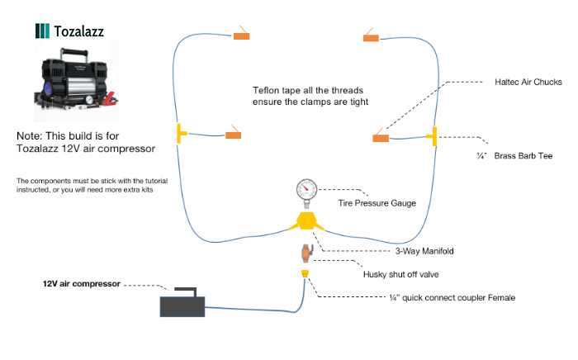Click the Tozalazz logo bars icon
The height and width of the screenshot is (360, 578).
pyautogui.click(x=42, y=31)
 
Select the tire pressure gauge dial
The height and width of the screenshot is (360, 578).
pyautogui.click(x=306, y=191)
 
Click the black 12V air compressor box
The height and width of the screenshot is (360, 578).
pyautogui.click(x=182, y=305)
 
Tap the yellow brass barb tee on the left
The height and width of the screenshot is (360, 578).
pyautogui.click(x=180, y=135)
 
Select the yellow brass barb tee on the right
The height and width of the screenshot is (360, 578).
pyautogui.click(x=432, y=135)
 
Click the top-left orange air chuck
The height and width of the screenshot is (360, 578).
pyautogui.click(x=242, y=36)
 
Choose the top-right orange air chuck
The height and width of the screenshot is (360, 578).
pyautogui.click(x=370, y=37)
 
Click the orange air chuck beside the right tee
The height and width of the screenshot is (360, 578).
pyautogui.click(x=381, y=138)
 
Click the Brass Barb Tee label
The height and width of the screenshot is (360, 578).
pyautogui.click(x=528, y=154)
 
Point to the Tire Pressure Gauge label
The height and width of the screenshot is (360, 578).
pyautogui.click(x=377, y=201)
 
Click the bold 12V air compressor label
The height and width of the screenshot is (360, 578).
pyautogui.click(x=82, y=283)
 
